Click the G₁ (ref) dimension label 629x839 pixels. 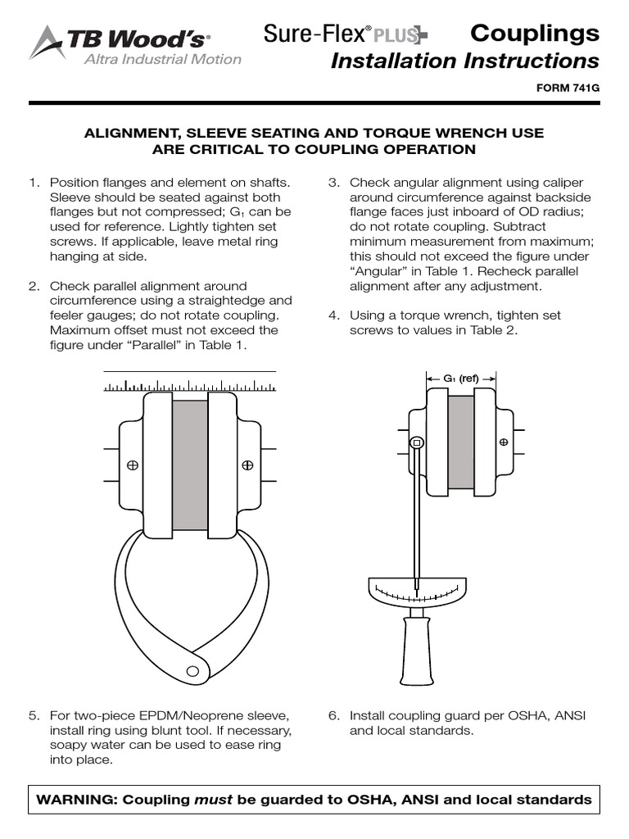click(x=461, y=379)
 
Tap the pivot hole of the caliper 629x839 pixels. click(x=193, y=670)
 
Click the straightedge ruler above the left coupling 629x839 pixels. click(x=189, y=384)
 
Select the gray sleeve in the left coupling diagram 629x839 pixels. click(x=189, y=464)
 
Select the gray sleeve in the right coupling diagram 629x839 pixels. click(x=460, y=442)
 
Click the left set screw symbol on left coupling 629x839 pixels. click(x=132, y=465)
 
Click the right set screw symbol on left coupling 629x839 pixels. click(x=247, y=465)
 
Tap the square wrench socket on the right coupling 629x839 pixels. click(x=417, y=442)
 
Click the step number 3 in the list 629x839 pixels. click(x=334, y=183)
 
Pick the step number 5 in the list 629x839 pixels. click(x=34, y=715)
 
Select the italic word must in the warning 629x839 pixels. click(x=214, y=800)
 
